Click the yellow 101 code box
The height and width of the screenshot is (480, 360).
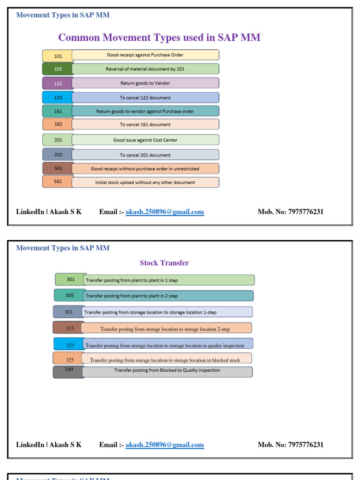point(58,56)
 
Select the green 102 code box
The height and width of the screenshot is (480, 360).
point(58,69)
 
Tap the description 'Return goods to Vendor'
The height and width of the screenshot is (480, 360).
point(145,83)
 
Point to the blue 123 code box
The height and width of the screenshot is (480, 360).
point(58,97)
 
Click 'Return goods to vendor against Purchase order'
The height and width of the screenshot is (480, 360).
point(145,111)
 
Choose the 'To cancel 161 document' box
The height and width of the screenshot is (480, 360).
point(145,124)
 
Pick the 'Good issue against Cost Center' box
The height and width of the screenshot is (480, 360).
point(145,140)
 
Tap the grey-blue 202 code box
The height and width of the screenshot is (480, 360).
point(58,155)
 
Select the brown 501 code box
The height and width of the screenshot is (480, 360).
point(58,168)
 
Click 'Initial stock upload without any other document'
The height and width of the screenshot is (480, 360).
point(145,182)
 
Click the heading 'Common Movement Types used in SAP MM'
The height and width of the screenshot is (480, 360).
point(159,37)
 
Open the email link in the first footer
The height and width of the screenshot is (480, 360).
point(165,212)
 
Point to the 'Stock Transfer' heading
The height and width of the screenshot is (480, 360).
point(164,263)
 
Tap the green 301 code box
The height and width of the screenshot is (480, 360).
point(70,279)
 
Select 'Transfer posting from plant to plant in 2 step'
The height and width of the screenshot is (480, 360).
point(169,296)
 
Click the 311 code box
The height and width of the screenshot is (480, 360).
point(68,312)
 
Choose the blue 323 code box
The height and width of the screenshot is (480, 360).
point(69,345)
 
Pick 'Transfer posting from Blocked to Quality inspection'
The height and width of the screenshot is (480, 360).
point(167,371)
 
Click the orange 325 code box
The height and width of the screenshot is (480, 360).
point(69,360)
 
